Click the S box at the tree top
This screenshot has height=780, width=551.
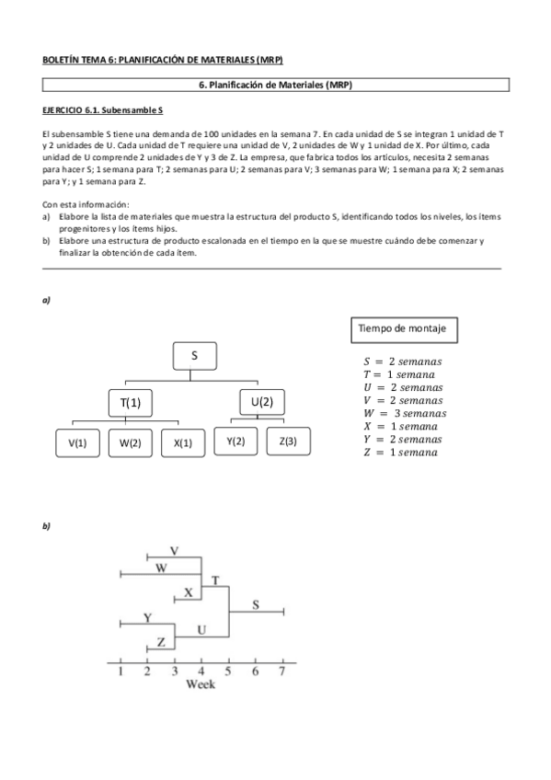pos(194,355)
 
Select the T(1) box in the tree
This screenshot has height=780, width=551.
pos(130,402)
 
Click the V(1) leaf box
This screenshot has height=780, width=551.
pos(77,442)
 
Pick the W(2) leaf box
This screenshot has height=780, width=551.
pos(130,442)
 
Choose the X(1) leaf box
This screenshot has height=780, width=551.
pos(182,442)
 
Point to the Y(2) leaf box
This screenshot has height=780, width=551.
pos(235,442)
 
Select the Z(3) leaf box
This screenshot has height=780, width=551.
pos(288,442)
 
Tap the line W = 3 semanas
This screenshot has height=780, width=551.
pos(403,414)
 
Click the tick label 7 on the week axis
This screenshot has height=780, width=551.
pos(282,671)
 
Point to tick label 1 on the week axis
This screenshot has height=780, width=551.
pos(120,671)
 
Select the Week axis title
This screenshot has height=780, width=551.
pos(201,684)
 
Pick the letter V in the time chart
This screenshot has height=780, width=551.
pos(174,550)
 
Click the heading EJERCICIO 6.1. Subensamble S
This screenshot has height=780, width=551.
pos(102,110)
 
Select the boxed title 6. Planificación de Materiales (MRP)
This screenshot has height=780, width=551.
pos(276,85)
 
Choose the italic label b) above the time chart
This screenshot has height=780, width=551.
pos(46,526)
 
